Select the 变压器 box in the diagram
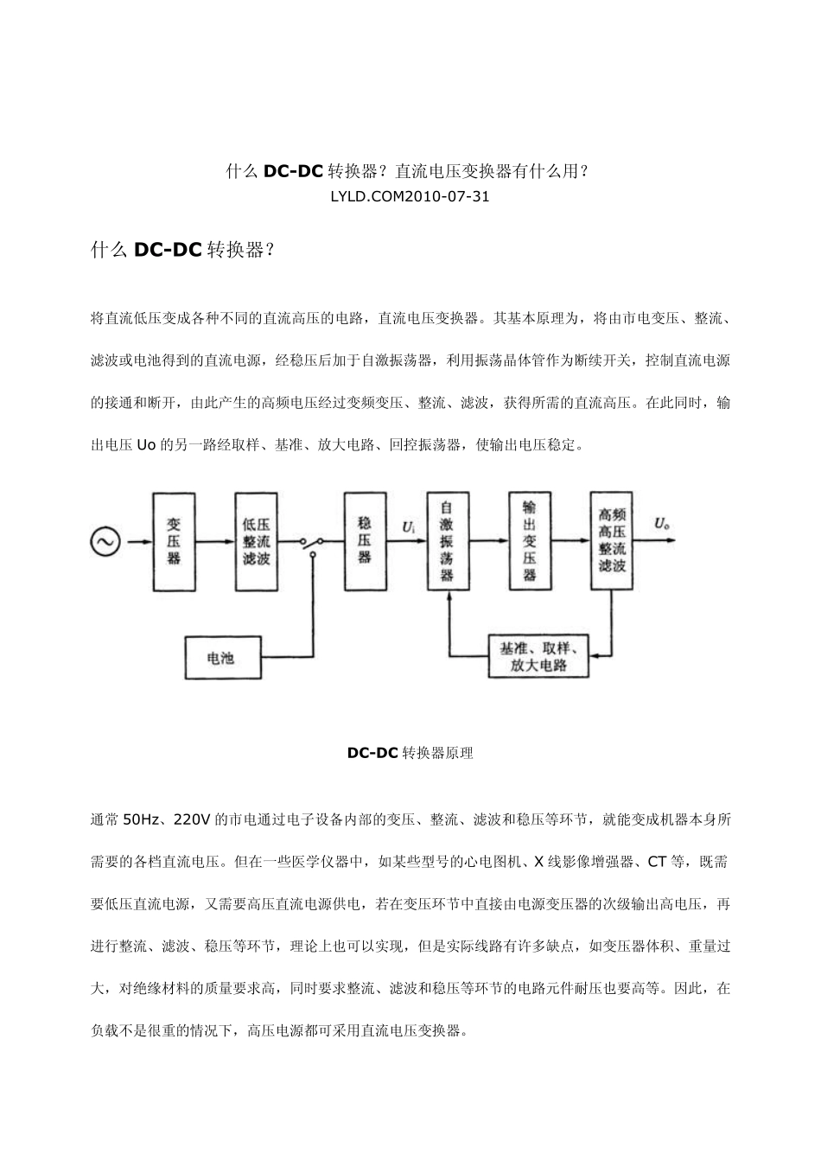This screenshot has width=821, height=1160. click(174, 542)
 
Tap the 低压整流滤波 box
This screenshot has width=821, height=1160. click(257, 542)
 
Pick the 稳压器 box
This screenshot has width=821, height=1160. click(365, 541)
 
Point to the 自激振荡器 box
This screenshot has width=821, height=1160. click(447, 542)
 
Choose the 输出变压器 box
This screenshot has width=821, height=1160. click(529, 541)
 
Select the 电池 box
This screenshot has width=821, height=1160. click(221, 659)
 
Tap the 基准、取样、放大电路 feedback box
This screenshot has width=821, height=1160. click(538, 657)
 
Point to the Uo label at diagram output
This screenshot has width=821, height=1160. click(663, 524)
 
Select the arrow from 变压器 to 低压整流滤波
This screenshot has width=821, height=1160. click(215, 542)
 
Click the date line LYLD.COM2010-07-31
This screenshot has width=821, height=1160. click(410, 196)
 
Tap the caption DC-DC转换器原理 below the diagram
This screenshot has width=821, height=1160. click(410, 753)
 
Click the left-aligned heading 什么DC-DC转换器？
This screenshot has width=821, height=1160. click(182, 251)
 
